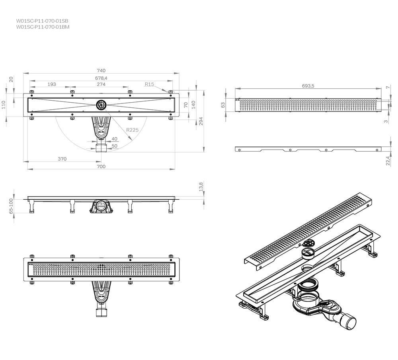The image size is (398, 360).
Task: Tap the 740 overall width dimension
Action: coord(101,71)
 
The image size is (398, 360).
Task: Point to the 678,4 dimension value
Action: coord(101,78)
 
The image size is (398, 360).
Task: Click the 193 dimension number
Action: coord(51,84)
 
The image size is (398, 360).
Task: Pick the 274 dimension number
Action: coord(101,84)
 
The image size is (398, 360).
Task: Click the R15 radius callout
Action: coord(149,84)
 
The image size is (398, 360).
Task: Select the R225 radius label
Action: coord(132,130)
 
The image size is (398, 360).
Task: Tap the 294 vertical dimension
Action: coord(201,121)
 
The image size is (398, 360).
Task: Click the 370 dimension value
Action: coord(62,159)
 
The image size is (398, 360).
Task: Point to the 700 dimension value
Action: coord(101,166)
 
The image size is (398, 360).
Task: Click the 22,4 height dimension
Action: coord(388,160)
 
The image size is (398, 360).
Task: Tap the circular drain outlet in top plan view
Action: coord(101,105)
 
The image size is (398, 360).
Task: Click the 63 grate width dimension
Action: coord(223,105)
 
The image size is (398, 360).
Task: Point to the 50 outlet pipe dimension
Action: coord(115,146)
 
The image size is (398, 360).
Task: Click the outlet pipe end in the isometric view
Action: coord(349,321)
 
